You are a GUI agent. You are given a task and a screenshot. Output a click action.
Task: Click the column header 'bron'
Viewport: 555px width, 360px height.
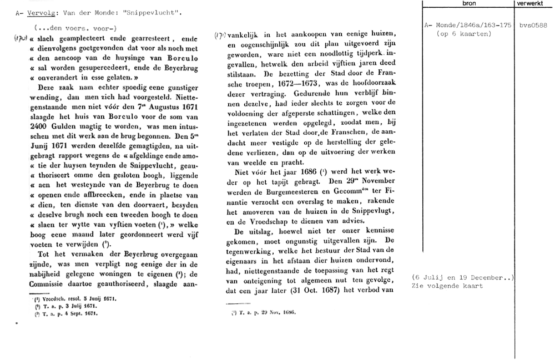pyautogui.click(x=468, y=3)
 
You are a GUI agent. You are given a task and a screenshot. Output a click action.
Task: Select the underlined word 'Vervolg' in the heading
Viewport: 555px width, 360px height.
pyautogui.click(x=41, y=12)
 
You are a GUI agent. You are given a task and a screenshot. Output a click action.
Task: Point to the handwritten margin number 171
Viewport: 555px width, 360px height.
pyautogui.click(x=219, y=35)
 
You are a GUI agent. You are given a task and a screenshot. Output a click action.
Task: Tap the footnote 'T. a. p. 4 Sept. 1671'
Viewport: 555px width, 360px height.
pyautogui.click(x=65, y=313)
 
